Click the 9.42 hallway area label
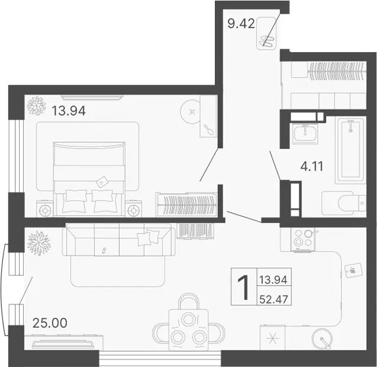(x=241, y=24)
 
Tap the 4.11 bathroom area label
(x=312, y=166)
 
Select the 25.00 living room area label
(x=50, y=323)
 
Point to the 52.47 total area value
(x=273, y=299)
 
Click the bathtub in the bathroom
(x=350, y=151)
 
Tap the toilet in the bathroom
(x=344, y=203)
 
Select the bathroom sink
(x=305, y=133)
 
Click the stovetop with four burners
(x=304, y=240)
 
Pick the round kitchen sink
(x=322, y=339)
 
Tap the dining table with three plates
(x=188, y=330)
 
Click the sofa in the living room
(x=119, y=240)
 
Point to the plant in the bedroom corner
(x=36, y=106)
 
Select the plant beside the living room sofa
(x=38, y=242)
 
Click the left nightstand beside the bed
(x=45, y=208)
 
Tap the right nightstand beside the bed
(x=134, y=208)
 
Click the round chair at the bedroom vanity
(x=191, y=111)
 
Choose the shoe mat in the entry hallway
(x=266, y=33)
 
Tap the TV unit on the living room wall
(x=64, y=343)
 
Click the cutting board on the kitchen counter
(x=353, y=271)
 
